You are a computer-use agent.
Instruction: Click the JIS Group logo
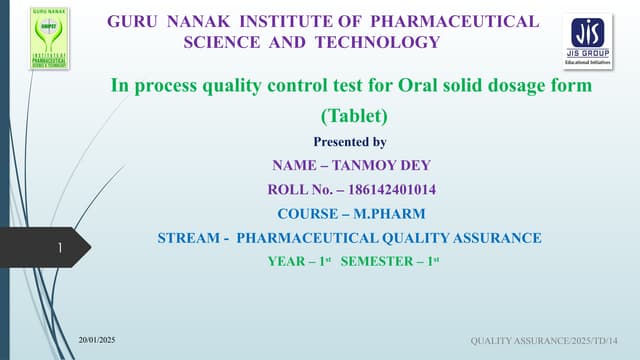(589, 40)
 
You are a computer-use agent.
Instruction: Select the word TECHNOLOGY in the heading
(385, 42)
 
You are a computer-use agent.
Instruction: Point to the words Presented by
(350, 141)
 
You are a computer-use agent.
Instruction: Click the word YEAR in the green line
(288, 262)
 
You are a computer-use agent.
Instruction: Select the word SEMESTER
(384, 262)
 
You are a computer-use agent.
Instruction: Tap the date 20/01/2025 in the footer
(98, 343)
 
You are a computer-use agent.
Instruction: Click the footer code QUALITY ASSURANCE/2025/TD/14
(551, 343)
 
